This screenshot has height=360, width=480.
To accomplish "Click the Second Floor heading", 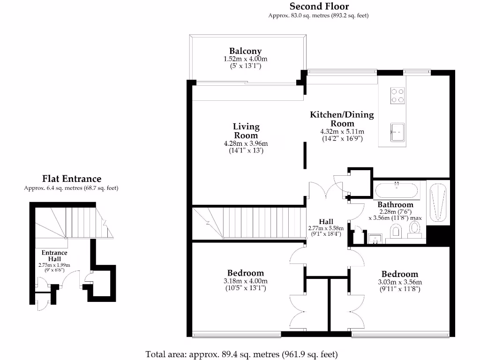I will click(319, 6).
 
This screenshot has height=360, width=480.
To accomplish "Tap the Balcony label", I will click(245, 51).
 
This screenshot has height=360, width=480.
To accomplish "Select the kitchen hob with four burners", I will click(397, 95).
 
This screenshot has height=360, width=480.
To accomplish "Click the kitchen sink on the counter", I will click(397, 132).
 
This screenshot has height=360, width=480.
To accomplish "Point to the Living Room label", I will click(246, 131).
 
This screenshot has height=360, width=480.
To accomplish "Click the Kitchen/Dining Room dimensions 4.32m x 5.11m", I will click(342, 132).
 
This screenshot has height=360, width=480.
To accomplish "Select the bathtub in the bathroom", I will click(396, 190).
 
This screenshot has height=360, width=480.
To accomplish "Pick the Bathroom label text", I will click(395, 205).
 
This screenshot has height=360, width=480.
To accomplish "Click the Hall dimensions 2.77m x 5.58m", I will click(326, 228).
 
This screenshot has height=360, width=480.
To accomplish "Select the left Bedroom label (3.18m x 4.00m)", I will click(245, 273).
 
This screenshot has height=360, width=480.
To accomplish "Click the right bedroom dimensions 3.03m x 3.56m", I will click(400, 282).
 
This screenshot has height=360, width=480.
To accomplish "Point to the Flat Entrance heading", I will click(71, 179).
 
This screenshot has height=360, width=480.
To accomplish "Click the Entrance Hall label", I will click(54, 256).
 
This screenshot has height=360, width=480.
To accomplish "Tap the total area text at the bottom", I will click(241, 354).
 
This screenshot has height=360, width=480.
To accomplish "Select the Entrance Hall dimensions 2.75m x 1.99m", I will click(54, 265).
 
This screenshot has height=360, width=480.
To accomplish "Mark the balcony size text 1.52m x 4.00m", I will click(245, 60).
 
